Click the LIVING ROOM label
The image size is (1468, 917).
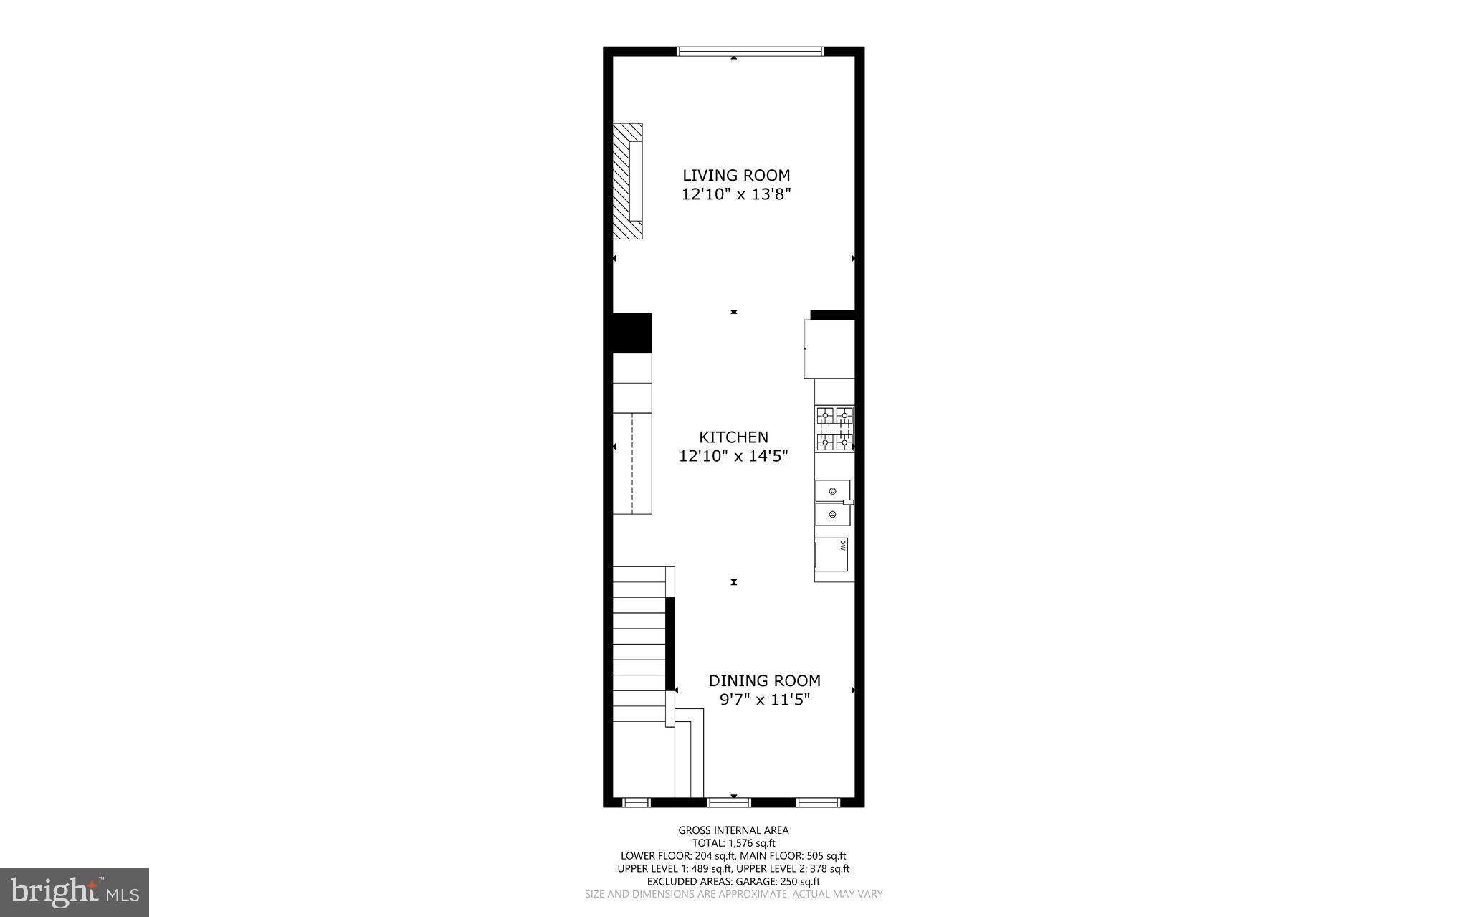pos(735,175)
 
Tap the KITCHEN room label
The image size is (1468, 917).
pos(733,437)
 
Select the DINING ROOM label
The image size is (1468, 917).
pos(764,680)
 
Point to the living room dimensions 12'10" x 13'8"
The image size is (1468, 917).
pos(735,194)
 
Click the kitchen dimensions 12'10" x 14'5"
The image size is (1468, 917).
pos(733,456)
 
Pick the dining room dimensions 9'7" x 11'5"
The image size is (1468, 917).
pos(764,700)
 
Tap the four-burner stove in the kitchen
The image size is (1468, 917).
pos(835,429)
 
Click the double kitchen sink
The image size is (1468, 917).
pos(833,503)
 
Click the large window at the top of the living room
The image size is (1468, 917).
pos(750,51)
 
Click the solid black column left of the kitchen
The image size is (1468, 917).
pos(631,333)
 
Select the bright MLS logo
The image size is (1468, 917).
pos(75,892)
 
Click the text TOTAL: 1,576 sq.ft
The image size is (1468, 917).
pos(733,843)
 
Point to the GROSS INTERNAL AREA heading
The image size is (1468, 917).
pos(733,830)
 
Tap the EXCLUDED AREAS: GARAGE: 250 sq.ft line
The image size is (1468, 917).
pos(733,882)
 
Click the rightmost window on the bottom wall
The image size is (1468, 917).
pos(818,802)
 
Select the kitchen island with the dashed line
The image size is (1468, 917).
pos(632,463)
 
